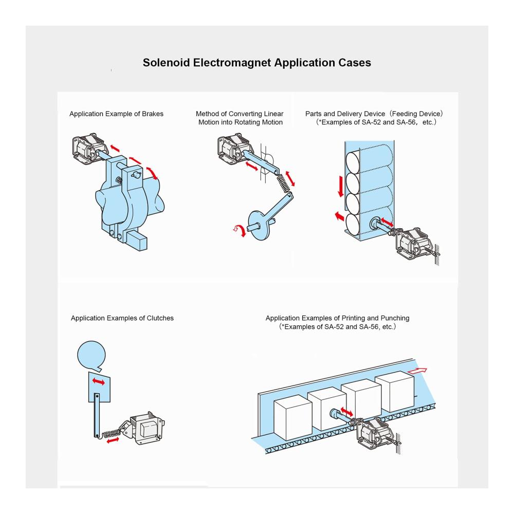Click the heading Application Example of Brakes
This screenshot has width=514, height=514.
tap(116, 114)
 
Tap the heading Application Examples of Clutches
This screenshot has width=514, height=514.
tap(122, 318)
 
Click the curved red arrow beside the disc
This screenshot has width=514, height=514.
tap(237, 231)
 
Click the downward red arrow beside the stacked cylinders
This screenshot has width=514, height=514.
tap(340, 186)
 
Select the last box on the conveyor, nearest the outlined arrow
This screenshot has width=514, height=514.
tap(394, 392)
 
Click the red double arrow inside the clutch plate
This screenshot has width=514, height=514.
tap(99, 382)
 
